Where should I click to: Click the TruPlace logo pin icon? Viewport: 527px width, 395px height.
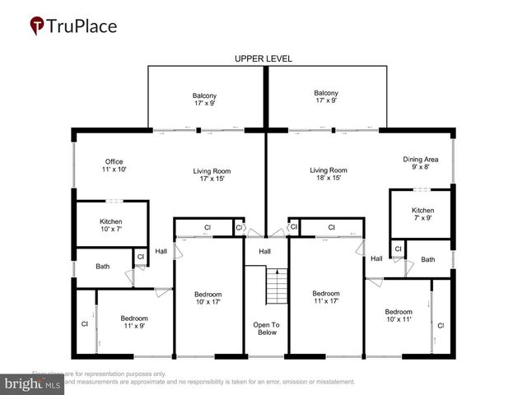[x=37, y=26]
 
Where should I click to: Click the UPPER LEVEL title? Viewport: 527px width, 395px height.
[x=263, y=59]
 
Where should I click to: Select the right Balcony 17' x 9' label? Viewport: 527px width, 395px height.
[x=326, y=98]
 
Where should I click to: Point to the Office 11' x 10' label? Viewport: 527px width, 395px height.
[x=114, y=165]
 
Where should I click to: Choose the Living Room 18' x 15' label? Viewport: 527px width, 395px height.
[x=329, y=174]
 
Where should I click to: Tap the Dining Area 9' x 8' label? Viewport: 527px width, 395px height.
[x=420, y=163]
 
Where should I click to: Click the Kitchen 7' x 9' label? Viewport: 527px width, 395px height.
[x=423, y=215]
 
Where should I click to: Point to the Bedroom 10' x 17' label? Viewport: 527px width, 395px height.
[x=208, y=299]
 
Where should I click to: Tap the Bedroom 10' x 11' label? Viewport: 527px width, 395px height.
[x=399, y=316]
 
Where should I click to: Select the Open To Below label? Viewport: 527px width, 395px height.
[x=266, y=329]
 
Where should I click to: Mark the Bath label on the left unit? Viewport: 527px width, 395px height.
[x=102, y=266]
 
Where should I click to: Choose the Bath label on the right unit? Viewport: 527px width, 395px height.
[x=428, y=259]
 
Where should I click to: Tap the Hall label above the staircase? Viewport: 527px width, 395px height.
[x=265, y=251]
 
